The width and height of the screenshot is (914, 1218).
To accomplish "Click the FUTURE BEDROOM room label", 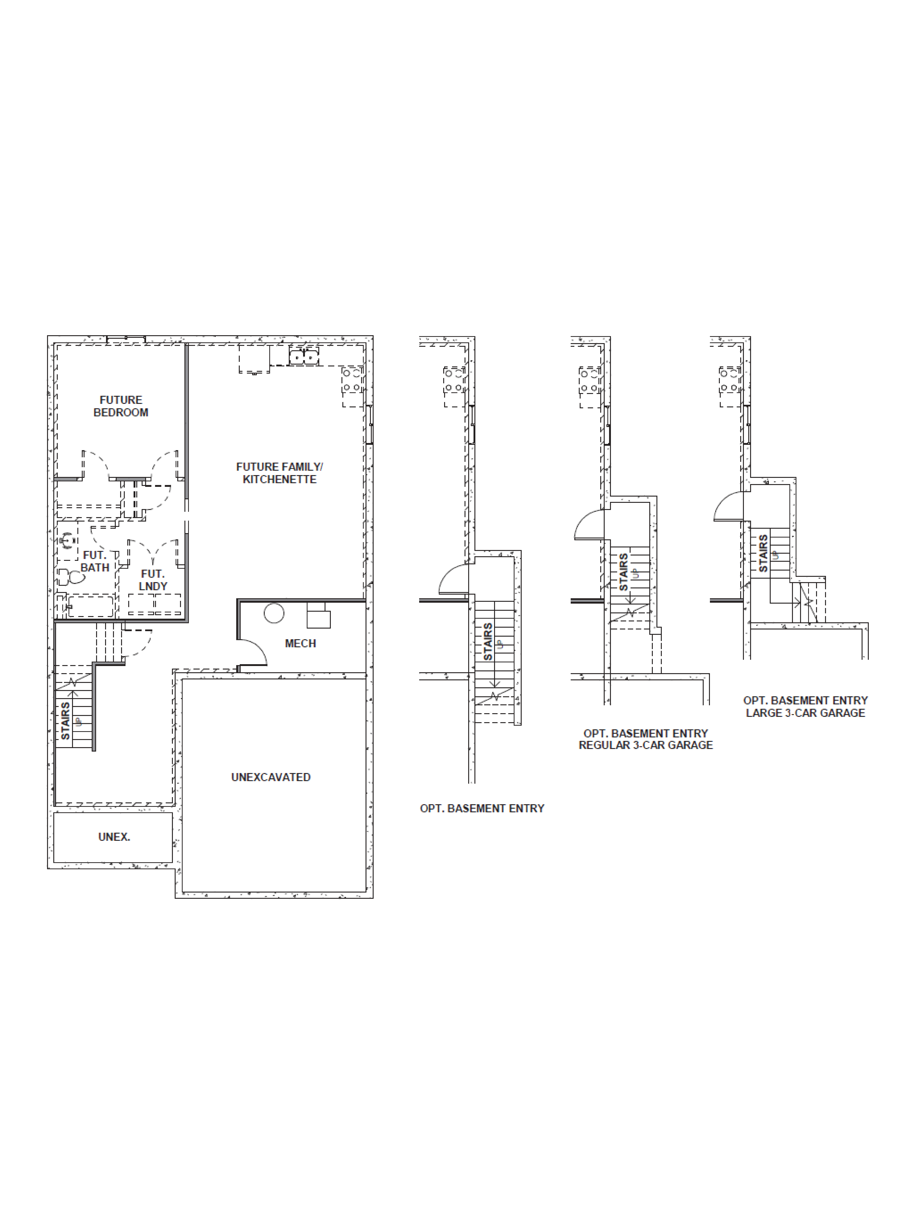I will tap(121, 406).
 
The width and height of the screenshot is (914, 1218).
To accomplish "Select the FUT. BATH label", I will tap(95, 561).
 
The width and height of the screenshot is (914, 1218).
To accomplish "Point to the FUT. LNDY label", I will tap(153, 580).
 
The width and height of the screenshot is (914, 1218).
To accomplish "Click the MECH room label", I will tap(300, 643).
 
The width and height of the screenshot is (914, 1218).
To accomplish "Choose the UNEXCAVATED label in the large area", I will tap(270, 777).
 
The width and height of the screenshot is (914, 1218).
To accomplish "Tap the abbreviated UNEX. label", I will tap(114, 836).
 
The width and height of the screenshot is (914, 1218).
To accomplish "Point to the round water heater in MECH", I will tap(274, 613).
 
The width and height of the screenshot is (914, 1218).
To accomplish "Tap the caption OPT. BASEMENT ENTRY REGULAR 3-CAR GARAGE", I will tap(645, 739).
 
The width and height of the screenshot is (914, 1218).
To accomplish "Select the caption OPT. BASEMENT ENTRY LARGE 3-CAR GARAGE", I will tap(805, 707).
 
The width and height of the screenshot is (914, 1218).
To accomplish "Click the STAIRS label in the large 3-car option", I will tap(763, 553).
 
